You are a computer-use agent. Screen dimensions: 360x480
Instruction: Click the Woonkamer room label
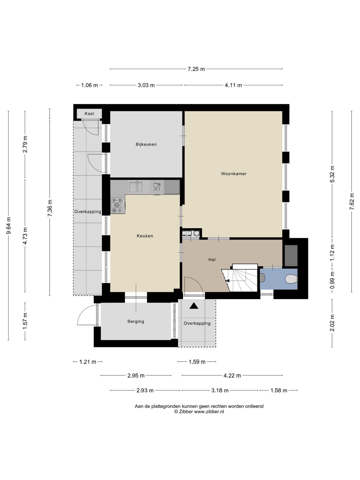(234, 174)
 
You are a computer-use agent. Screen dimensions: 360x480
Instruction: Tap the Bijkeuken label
(146, 144)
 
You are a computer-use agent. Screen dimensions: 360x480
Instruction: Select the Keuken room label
(145, 236)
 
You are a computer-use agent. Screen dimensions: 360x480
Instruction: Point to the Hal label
(212, 260)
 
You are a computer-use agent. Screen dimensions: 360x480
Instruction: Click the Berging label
(136, 321)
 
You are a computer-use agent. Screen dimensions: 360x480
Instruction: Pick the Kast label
(89, 113)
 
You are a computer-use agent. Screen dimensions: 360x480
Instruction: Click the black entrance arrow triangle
(194, 306)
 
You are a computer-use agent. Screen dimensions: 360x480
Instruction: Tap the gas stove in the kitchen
(118, 205)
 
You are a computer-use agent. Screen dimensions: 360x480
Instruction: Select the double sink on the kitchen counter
(136, 187)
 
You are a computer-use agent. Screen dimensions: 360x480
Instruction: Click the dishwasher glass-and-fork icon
(157, 187)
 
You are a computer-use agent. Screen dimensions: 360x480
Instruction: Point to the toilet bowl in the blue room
(291, 279)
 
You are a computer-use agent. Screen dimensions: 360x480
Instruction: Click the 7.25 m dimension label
(196, 69)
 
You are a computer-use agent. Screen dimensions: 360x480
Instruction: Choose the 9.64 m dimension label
(9, 225)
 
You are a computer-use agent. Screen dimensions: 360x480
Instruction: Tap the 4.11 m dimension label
(233, 85)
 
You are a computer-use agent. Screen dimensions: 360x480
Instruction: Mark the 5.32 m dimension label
(332, 174)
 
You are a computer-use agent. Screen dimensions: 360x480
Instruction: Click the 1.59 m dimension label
(197, 362)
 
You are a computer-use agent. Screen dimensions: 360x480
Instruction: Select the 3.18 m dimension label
(220, 390)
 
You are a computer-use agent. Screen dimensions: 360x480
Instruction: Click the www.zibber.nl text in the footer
(209, 412)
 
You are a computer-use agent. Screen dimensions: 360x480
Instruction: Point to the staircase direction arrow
(227, 281)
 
